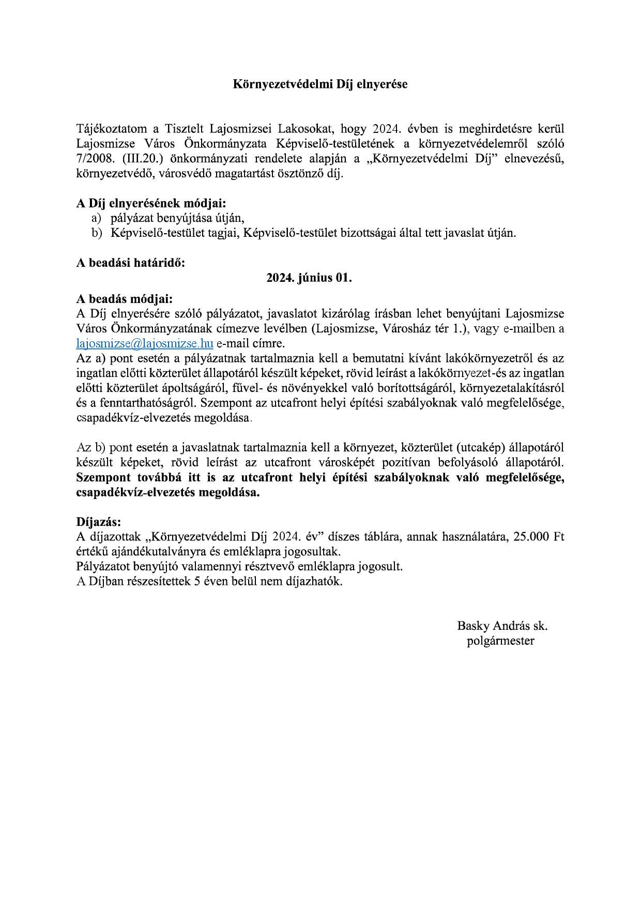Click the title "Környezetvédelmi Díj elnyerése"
[x=320, y=84]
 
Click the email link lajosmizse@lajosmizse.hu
[x=145, y=343]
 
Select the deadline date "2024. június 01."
[x=309, y=278]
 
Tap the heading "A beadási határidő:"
[x=130, y=262]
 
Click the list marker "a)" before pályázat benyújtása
[x=97, y=218]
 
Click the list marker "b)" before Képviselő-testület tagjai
[x=97, y=233]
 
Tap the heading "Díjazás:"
[x=98, y=521]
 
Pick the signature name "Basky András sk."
[x=502, y=626]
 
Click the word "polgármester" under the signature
[x=500, y=641]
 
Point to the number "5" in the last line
[x=196, y=581]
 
